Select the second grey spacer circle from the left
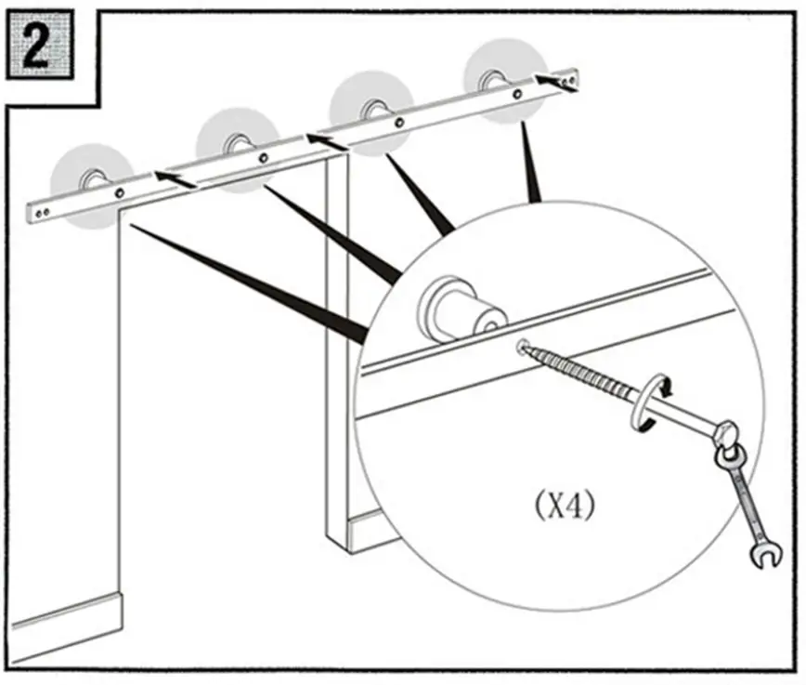point(236,148)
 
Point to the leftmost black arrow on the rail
point(175,177)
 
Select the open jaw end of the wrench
point(768,555)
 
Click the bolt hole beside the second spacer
point(264,158)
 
